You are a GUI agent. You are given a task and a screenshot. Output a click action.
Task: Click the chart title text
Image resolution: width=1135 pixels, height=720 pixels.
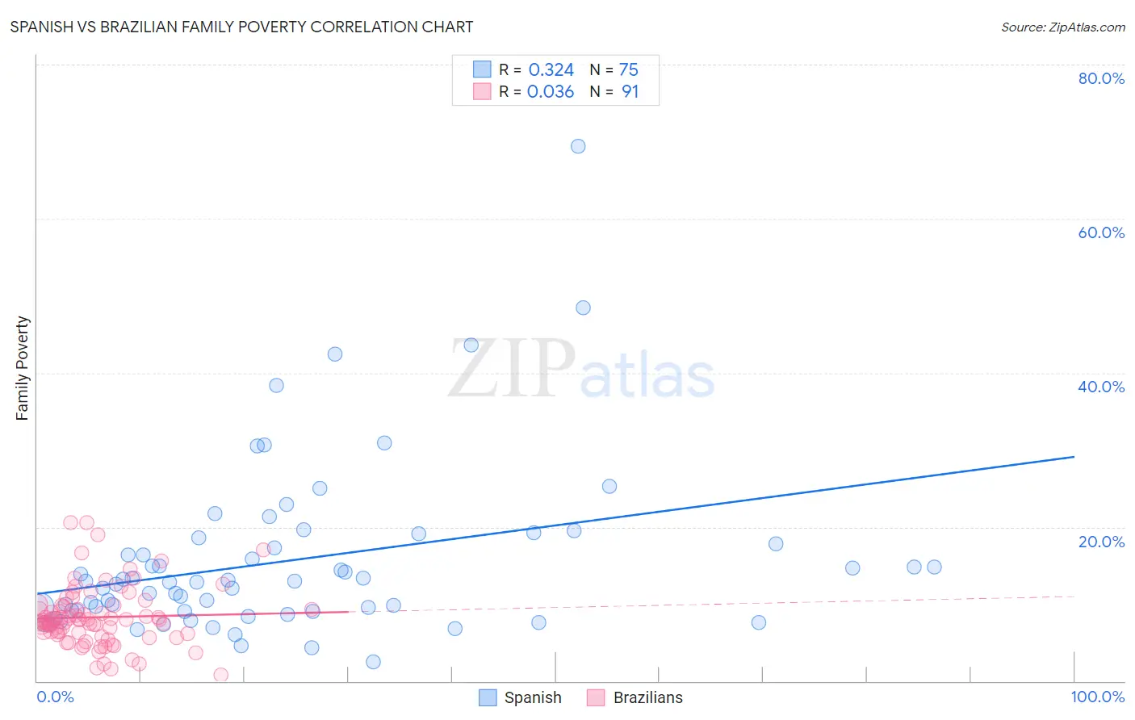(x=241, y=27)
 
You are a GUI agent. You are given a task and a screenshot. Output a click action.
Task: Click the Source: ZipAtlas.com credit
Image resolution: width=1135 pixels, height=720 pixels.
(x=1062, y=27)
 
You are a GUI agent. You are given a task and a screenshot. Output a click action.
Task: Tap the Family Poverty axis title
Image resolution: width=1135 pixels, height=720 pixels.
(x=23, y=368)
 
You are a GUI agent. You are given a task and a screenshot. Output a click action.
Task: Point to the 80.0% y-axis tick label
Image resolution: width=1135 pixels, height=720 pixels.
(x=1101, y=78)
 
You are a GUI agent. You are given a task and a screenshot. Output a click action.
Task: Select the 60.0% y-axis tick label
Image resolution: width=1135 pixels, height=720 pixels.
(x=1101, y=232)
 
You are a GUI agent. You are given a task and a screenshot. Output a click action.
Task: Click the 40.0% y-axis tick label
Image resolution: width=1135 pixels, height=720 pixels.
(x=1101, y=387)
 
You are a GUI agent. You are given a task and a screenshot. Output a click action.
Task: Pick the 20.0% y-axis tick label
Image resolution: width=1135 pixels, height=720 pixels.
(x=1101, y=542)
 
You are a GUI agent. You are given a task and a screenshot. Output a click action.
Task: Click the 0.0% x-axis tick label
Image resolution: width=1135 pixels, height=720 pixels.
(x=55, y=697)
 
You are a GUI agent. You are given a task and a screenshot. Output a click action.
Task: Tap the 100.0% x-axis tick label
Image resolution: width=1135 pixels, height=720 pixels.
(x=1097, y=697)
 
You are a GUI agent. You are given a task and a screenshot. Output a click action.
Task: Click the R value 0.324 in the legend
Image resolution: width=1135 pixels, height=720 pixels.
(x=551, y=70)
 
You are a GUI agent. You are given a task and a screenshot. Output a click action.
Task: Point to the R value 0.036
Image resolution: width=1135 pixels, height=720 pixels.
(x=551, y=92)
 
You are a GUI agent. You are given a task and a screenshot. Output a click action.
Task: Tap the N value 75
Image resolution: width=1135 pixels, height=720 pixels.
(x=628, y=70)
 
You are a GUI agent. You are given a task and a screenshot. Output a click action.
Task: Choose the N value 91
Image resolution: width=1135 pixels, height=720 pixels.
(x=630, y=92)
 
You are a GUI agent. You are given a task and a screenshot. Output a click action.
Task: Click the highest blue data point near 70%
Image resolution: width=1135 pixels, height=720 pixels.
(x=578, y=146)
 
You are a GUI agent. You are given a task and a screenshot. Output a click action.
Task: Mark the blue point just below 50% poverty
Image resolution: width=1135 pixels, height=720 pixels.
(x=583, y=308)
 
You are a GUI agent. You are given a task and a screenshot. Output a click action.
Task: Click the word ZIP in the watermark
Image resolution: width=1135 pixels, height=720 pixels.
(x=511, y=369)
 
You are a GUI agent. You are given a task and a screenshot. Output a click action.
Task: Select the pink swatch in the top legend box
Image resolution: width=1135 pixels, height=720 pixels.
(x=482, y=91)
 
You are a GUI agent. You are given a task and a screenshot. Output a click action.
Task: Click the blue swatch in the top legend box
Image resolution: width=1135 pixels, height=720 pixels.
(x=482, y=69)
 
